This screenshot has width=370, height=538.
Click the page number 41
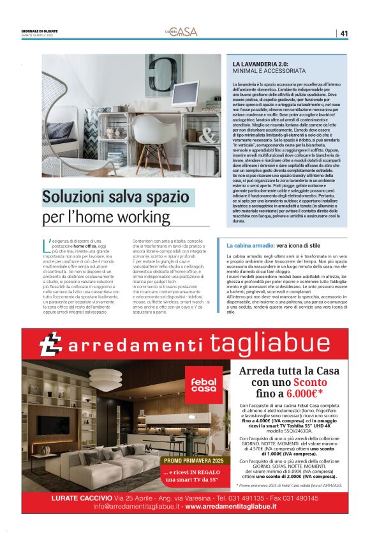(x=344, y=33)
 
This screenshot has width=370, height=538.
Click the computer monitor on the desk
(x=184, y=94)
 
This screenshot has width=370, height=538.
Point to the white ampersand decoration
(x=208, y=135)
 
